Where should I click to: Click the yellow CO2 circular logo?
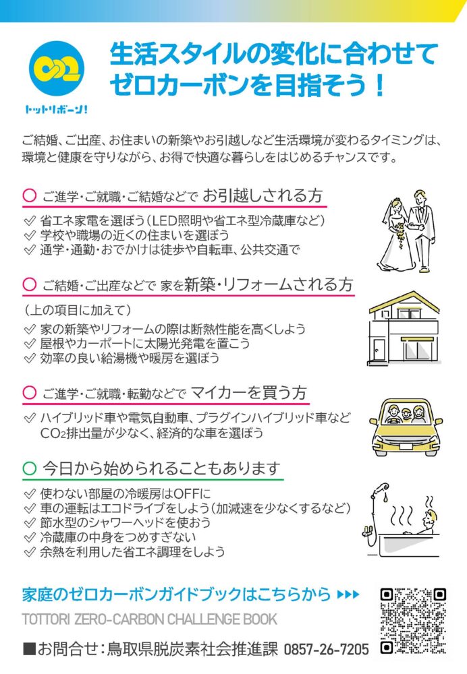tap(57, 69)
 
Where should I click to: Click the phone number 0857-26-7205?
tap(326, 649)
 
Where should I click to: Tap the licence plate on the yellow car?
tap(406, 446)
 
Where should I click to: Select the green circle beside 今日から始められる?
tap(29, 468)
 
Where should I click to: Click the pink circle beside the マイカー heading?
tap(29, 392)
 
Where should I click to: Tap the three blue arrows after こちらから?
tap(348, 594)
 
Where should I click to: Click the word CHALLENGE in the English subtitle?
tap(204, 619)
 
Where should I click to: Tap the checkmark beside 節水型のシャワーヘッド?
tap(30, 523)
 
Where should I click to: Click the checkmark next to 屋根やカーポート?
tap(30, 344)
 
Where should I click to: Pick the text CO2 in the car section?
tap(53, 433)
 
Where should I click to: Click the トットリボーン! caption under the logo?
tap(57, 110)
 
